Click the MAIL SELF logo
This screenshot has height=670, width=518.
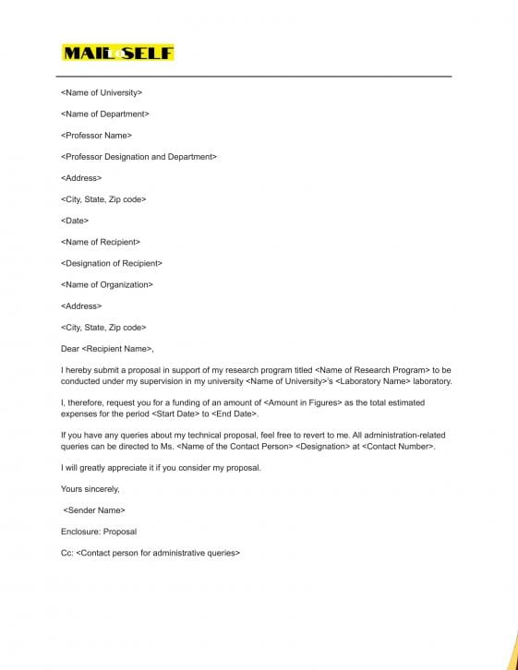pos(117,53)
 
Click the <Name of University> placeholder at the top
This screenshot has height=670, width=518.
pos(102,92)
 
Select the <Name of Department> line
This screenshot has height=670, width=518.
pos(105,114)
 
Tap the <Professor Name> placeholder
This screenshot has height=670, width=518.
pos(96,136)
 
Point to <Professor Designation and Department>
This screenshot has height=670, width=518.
pos(139,157)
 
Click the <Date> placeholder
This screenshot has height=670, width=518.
pos(75,221)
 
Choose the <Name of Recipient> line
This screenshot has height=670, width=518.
pos(101,242)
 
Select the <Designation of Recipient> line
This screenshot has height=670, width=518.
pos(111,263)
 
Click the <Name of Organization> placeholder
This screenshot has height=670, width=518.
pos(107,284)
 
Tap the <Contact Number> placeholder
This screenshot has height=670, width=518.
pos(397,446)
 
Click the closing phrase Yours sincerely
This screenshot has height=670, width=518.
pos(90,488)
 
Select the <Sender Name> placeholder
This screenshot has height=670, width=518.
pos(94,510)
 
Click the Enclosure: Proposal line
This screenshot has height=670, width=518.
pos(99,532)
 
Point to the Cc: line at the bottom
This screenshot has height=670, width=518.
pos(150,553)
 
